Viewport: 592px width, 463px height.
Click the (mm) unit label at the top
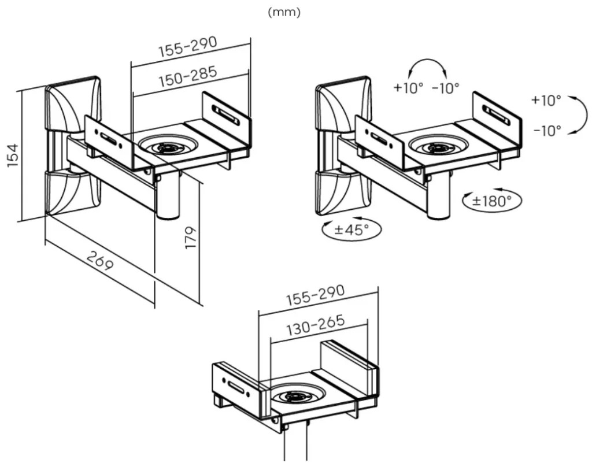[284, 13]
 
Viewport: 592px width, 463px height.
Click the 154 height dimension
[12, 155]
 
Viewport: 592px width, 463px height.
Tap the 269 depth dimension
[99, 260]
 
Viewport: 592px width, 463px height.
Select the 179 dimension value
[191, 238]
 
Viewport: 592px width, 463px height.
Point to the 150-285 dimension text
[188, 76]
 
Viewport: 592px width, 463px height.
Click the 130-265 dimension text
[316, 325]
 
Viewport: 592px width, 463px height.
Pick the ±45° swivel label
[351, 229]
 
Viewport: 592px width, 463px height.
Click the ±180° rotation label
[492, 201]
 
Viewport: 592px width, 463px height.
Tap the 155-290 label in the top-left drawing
[188, 46]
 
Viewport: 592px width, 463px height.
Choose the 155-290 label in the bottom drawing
[315, 295]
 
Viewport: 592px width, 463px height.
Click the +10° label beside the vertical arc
[546, 100]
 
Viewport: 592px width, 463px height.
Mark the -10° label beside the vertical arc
[547, 131]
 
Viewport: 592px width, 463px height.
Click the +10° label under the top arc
[409, 87]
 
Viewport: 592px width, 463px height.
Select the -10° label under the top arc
[446, 88]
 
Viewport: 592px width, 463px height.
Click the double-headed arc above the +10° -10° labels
[428, 59]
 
